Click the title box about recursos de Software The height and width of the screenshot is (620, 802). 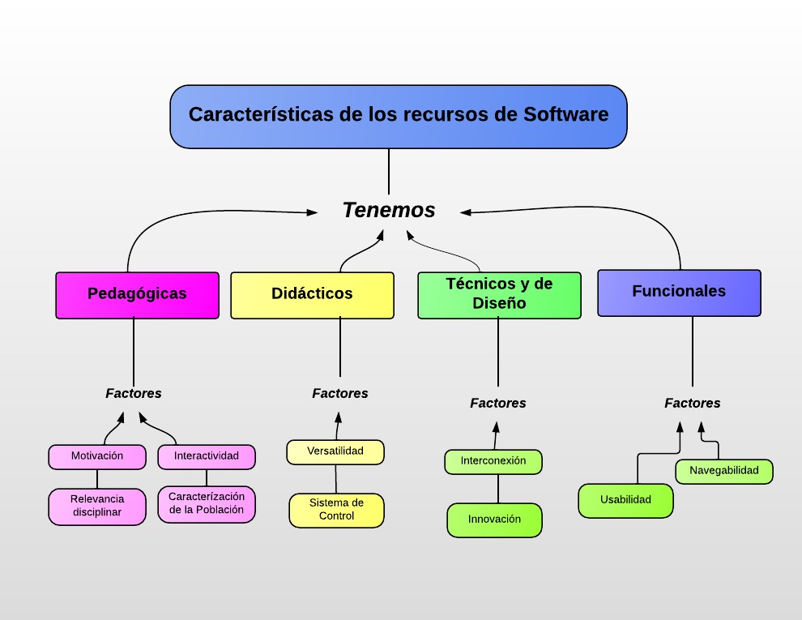[399, 116]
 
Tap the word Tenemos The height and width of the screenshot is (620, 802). [389, 210]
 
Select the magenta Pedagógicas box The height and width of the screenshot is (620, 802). [137, 294]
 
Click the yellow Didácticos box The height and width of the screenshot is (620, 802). [312, 294]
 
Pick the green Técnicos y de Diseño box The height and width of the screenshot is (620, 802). [499, 294]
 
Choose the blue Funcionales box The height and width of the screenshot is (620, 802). [679, 292]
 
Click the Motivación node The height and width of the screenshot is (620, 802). [97, 456]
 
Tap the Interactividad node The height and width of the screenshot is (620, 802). [207, 456]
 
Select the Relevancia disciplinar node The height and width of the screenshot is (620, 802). [97, 506]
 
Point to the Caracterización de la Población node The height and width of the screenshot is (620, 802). [207, 503]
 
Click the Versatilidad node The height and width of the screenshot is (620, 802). [335, 451]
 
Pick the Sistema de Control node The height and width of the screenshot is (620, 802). [336, 510]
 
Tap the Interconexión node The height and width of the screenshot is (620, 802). [493, 461]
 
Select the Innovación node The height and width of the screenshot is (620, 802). [494, 520]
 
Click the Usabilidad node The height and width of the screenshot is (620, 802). [625, 500]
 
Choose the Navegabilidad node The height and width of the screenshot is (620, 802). [724, 471]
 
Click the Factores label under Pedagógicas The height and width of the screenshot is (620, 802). [134, 394]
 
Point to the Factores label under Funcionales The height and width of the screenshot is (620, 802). [693, 404]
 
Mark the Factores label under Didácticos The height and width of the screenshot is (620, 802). [340, 394]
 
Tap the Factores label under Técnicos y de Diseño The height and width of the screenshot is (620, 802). [498, 404]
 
